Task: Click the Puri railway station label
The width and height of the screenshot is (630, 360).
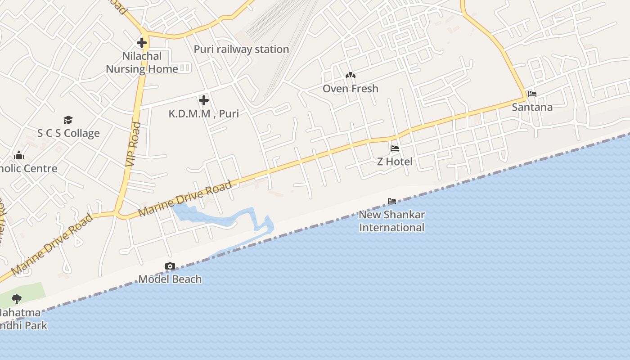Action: tap(241, 49)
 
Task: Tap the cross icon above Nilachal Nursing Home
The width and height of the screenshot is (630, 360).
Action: tap(142, 43)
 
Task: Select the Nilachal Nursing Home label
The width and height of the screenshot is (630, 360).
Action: tap(142, 63)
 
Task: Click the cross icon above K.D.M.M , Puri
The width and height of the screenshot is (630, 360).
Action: tap(204, 100)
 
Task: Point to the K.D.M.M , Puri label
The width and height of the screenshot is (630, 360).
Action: tap(204, 113)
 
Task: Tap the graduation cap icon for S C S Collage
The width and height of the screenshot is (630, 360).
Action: tap(68, 120)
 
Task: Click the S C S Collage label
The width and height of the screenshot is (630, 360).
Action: tap(68, 133)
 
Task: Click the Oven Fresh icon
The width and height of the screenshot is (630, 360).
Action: tap(350, 75)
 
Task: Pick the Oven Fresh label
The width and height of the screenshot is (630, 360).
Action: tap(350, 89)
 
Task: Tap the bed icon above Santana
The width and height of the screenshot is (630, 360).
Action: tap(532, 94)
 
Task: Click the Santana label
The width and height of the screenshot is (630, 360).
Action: tap(532, 107)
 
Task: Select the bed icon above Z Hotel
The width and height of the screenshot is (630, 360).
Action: tap(395, 148)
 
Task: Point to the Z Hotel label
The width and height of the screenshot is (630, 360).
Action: tap(395, 162)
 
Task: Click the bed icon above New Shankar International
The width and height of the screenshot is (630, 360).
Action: tap(392, 201)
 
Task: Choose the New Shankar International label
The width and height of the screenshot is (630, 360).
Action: tap(391, 221)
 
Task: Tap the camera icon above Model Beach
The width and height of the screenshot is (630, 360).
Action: tap(170, 266)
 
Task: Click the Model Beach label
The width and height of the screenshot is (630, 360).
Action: tap(170, 279)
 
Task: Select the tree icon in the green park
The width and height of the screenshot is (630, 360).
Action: tap(17, 298)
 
